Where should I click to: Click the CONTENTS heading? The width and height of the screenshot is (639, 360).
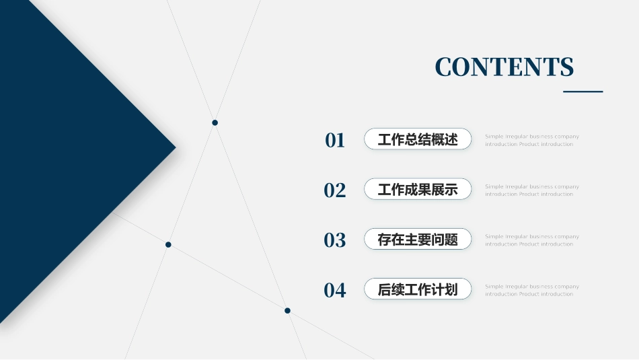tap(504, 67)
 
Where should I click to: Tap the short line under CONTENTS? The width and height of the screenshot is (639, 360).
tap(582, 92)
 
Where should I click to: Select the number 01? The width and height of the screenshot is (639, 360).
tap(335, 140)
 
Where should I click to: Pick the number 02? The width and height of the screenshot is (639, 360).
tap(335, 190)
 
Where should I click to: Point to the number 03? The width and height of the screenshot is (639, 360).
tap(335, 240)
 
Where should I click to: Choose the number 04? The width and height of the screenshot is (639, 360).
tap(335, 290)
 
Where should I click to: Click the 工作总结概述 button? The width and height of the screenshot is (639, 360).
tap(418, 139)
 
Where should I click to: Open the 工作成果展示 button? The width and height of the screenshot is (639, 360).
tap(418, 189)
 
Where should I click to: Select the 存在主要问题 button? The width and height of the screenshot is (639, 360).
tap(418, 239)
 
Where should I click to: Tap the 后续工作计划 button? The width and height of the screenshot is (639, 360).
tap(418, 289)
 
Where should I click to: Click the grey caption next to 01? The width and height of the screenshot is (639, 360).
tap(531, 140)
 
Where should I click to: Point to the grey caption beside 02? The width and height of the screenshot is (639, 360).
tap(531, 190)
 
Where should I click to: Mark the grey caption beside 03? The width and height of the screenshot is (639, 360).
tap(531, 240)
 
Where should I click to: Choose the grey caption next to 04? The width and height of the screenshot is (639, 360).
tap(531, 290)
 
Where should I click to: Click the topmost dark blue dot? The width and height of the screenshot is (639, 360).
tap(215, 122)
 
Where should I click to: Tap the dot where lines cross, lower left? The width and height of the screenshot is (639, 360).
tap(168, 244)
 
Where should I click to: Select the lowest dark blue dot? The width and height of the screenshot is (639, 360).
tap(287, 310)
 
